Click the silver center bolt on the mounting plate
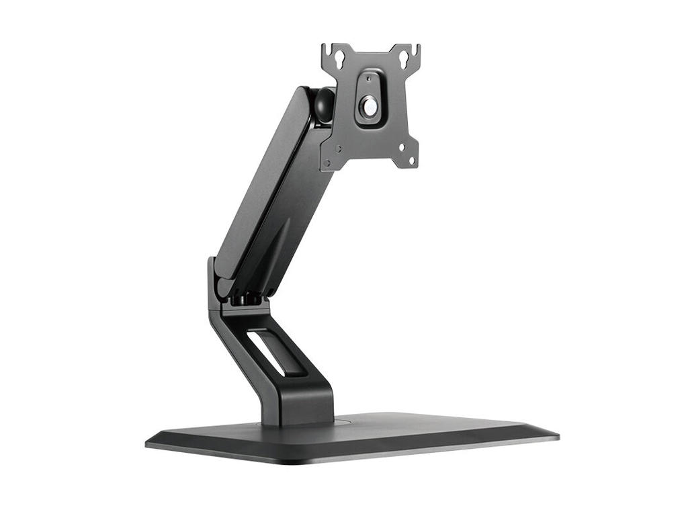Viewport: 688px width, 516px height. tap(370, 105)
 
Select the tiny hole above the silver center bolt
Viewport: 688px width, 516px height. tap(368, 79)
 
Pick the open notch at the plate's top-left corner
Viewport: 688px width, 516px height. tap(325, 49)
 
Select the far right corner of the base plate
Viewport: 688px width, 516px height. tap(557, 436)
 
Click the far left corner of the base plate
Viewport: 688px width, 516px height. tap(147, 443)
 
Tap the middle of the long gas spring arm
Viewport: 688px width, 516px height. tap(269, 195)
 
